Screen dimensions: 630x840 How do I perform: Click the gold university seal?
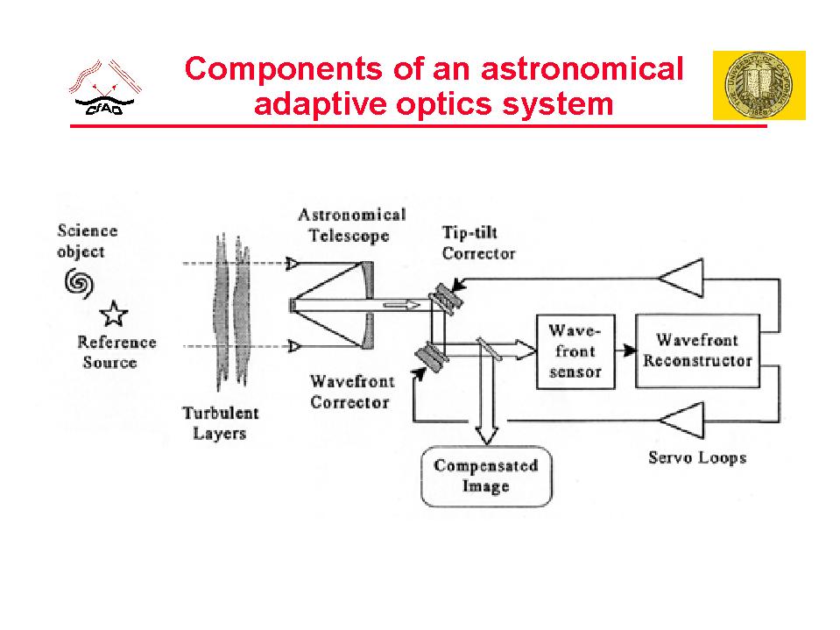click(759, 85)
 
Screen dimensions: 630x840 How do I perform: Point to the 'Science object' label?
click(87, 241)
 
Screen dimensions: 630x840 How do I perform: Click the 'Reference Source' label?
click(116, 352)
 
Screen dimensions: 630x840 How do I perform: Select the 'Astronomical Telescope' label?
click(351, 225)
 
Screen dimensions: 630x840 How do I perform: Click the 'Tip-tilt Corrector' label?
click(478, 244)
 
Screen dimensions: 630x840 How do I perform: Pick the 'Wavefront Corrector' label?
click(351, 392)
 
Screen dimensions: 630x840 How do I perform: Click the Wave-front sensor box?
click(575, 351)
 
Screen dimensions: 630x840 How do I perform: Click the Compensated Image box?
click(486, 476)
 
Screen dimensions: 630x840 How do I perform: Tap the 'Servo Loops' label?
click(696, 457)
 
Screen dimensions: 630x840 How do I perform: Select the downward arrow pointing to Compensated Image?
click(485, 412)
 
